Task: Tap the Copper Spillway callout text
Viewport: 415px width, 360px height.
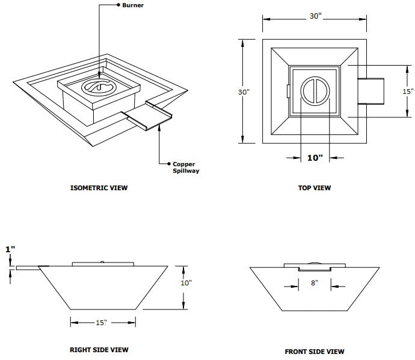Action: [186, 167]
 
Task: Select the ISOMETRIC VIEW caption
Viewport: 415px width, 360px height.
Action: [99, 188]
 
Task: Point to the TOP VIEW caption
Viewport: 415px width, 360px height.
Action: [315, 188]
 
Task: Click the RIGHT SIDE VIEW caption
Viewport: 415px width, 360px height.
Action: [99, 349]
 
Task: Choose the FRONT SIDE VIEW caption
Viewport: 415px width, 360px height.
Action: [315, 352]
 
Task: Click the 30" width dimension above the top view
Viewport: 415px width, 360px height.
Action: [315, 16]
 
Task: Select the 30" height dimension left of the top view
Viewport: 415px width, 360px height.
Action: [243, 92]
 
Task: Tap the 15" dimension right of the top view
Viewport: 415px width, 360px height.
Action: [408, 92]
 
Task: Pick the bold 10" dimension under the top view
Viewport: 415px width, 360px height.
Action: [315, 158]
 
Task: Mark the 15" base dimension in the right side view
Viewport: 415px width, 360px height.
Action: [100, 323]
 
